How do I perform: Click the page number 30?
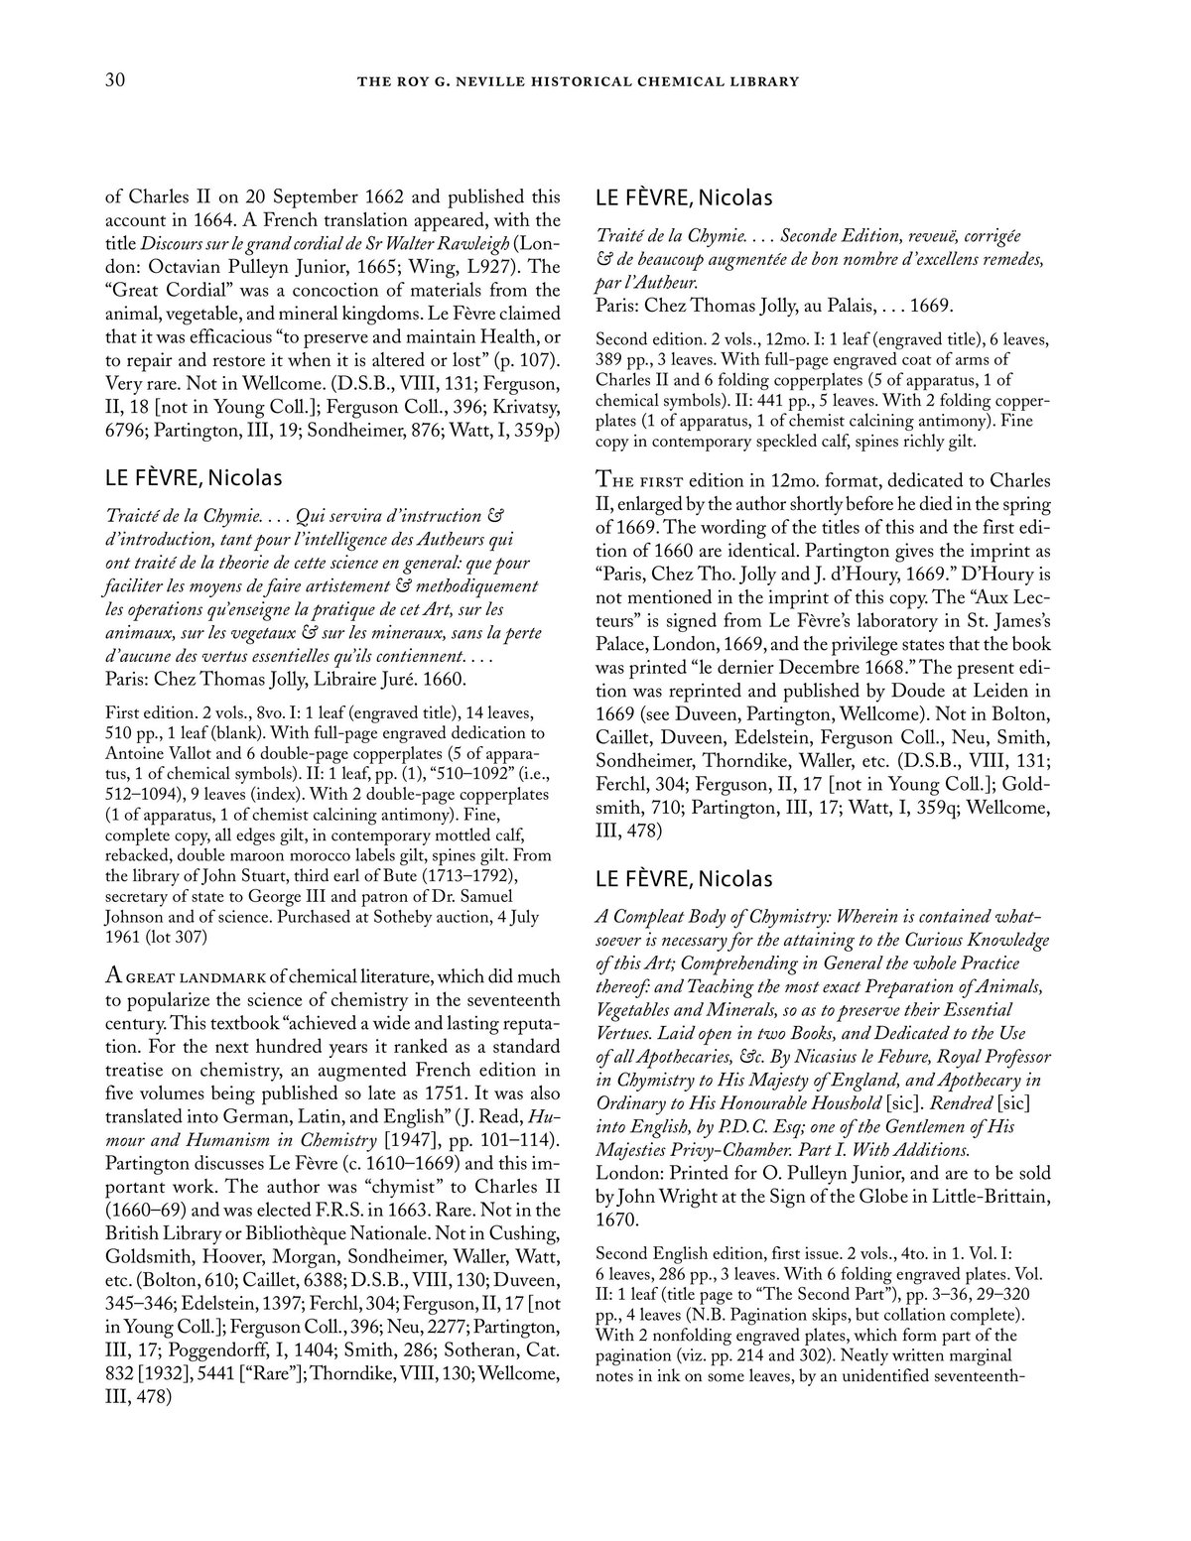tap(115, 80)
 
